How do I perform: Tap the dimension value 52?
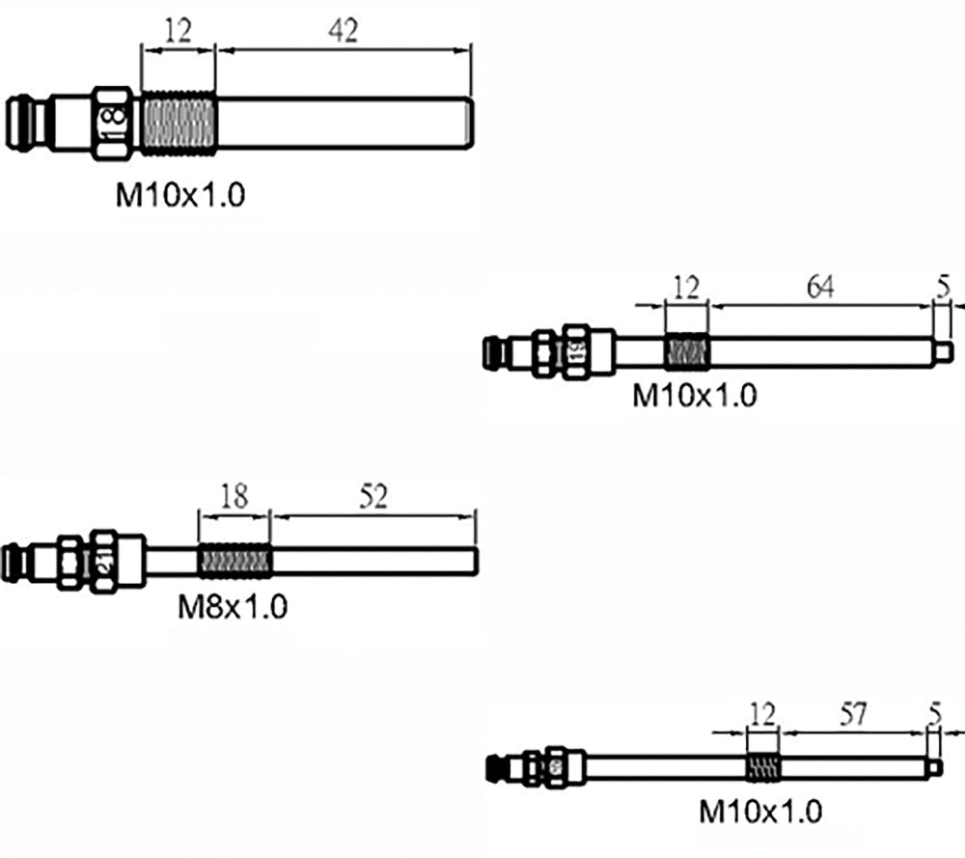(x=372, y=497)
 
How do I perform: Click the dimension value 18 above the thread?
(x=234, y=497)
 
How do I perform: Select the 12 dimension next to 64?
(x=686, y=287)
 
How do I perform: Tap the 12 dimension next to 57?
(x=762, y=714)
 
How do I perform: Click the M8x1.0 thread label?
(x=234, y=607)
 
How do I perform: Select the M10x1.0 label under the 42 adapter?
(x=180, y=196)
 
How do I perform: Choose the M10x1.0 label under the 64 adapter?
(x=694, y=395)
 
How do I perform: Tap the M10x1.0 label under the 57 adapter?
(x=761, y=812)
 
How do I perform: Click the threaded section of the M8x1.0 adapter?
(x=234, y=560)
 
